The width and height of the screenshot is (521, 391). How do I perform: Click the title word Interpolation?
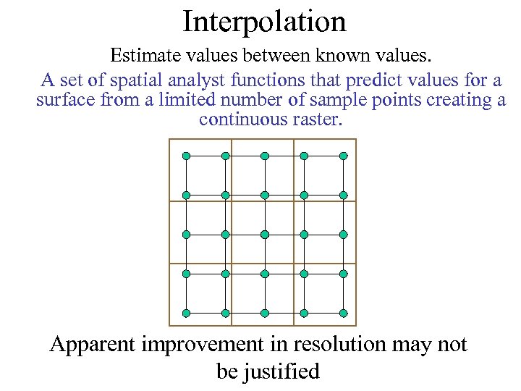(x=264, y=21)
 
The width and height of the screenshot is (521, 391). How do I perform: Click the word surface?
(x=66, y=100)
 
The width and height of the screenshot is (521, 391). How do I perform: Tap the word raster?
(x=315, y=119)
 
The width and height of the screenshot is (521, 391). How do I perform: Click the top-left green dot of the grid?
(x=186, y=156)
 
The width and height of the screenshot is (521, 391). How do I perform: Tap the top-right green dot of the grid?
(x=344, y=156)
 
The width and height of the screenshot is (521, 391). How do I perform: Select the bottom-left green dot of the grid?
(x=186, y=313)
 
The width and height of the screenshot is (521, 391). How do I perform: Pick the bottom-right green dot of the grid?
(x=344, y=313)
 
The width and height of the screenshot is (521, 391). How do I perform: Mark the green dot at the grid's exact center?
(x=265, y=235)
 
